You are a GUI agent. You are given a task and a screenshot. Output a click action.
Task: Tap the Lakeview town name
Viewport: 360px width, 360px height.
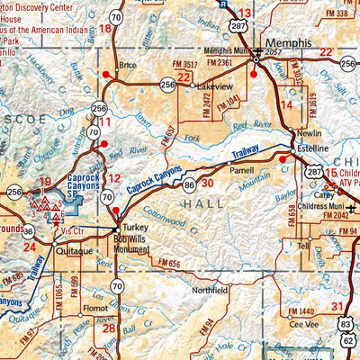tap(214, 86)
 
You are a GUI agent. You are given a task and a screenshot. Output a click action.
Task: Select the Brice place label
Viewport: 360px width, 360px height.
tap(128, 65)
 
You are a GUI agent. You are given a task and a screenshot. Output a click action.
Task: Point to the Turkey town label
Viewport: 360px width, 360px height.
tap(135, 228)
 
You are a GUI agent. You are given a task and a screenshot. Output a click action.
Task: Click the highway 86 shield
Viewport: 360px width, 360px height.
tap(189, 184)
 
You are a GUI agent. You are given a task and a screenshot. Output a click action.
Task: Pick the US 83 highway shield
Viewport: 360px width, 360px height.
tap(347, 322)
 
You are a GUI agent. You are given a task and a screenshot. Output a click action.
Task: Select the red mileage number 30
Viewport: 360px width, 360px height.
tap(207, 183)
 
